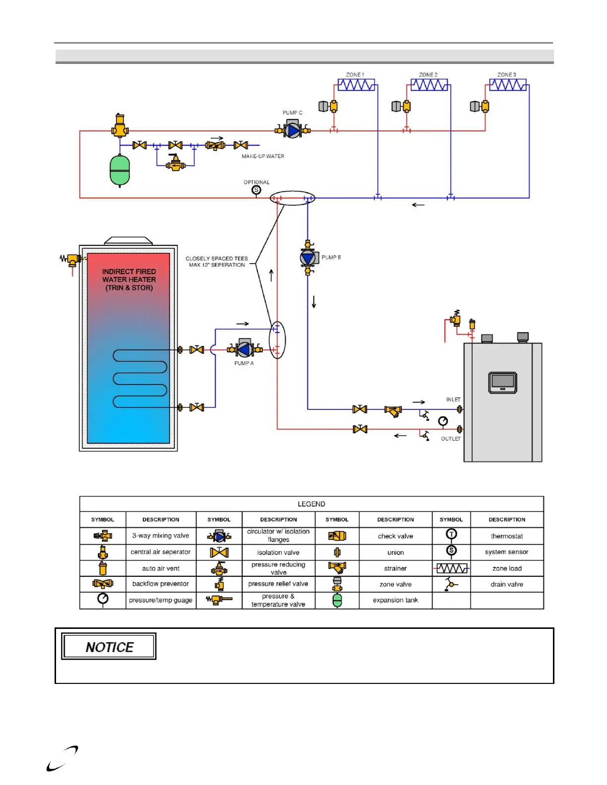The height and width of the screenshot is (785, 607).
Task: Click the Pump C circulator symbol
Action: point(293,130)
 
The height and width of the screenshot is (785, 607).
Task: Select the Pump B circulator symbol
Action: point(308,258)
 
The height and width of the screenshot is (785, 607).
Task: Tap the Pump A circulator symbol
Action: point(244,349)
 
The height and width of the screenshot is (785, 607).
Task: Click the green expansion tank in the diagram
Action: point(120,170)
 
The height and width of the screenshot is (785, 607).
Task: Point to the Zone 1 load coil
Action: point(356,85)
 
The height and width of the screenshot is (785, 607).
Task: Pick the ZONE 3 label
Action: point(507,75)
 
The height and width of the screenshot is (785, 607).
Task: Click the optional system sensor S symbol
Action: point(256,190)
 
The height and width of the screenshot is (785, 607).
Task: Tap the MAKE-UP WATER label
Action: point(263,156)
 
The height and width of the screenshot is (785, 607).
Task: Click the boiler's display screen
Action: point(502,382)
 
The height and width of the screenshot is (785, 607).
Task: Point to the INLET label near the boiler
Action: point(453,399)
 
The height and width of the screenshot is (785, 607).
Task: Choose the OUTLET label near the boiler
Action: point(451,439)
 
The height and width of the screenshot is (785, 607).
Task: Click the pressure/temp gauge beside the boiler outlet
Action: point(443,421)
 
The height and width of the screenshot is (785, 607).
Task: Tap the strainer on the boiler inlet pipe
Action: point(393,411)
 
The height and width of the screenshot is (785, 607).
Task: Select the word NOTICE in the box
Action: point(110,647)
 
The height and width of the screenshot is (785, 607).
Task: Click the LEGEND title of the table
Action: point(311,504)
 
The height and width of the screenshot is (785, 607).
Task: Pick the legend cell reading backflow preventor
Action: point(161,584)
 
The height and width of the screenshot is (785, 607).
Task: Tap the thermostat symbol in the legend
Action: point(451,534)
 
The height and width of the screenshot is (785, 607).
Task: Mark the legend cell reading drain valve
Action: point(507,584)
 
